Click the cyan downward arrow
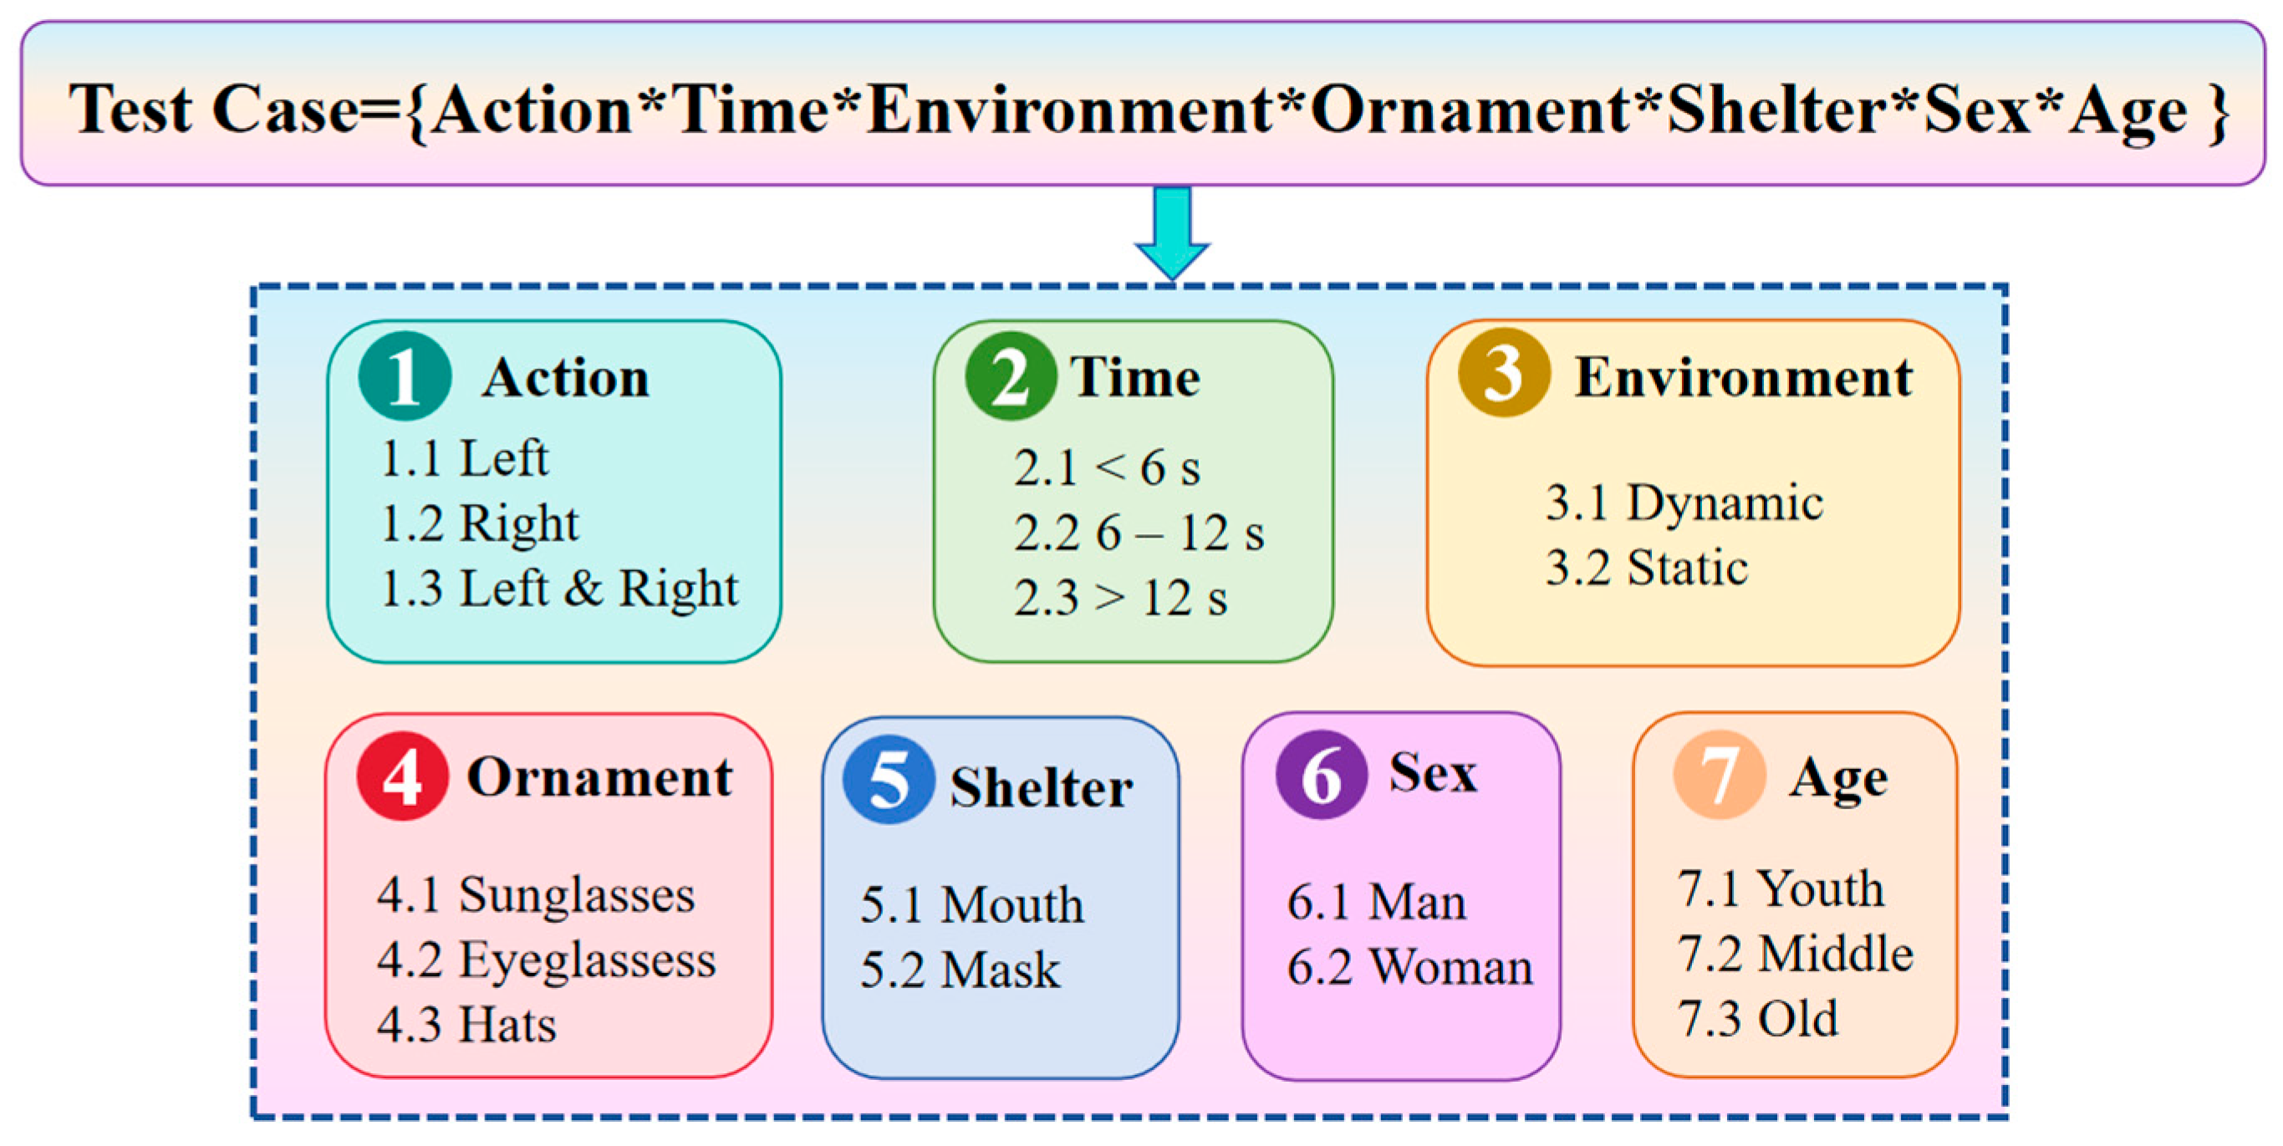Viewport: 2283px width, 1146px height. coord(1172,232)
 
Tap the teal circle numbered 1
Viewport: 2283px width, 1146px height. coord(405,376)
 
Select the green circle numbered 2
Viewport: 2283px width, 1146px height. coord(1011,376)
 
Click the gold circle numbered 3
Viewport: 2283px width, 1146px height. coord(1504,371)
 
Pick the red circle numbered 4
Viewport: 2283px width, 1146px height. coord(402,776)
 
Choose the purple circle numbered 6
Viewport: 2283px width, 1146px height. coord(1322,774)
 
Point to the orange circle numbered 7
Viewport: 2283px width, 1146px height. coord(1720,774)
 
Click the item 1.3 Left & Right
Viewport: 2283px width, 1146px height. coord(559,588)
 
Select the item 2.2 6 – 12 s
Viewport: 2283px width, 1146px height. coord(1139,533)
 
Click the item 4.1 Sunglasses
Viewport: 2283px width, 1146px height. coord(536,895)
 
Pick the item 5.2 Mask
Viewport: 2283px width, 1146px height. coord(960,969)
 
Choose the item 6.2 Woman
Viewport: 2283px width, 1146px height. coord(1410,966)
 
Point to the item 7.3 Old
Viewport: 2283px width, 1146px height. coord(1757,1018)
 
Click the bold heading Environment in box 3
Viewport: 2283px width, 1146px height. coord(1743,377)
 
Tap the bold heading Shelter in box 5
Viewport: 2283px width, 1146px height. coord(1042,787)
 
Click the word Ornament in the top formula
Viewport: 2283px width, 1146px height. coord(1470,110)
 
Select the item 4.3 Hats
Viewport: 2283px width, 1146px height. coord(466,1025)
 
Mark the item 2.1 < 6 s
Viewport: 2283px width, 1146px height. coord(1107,468)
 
